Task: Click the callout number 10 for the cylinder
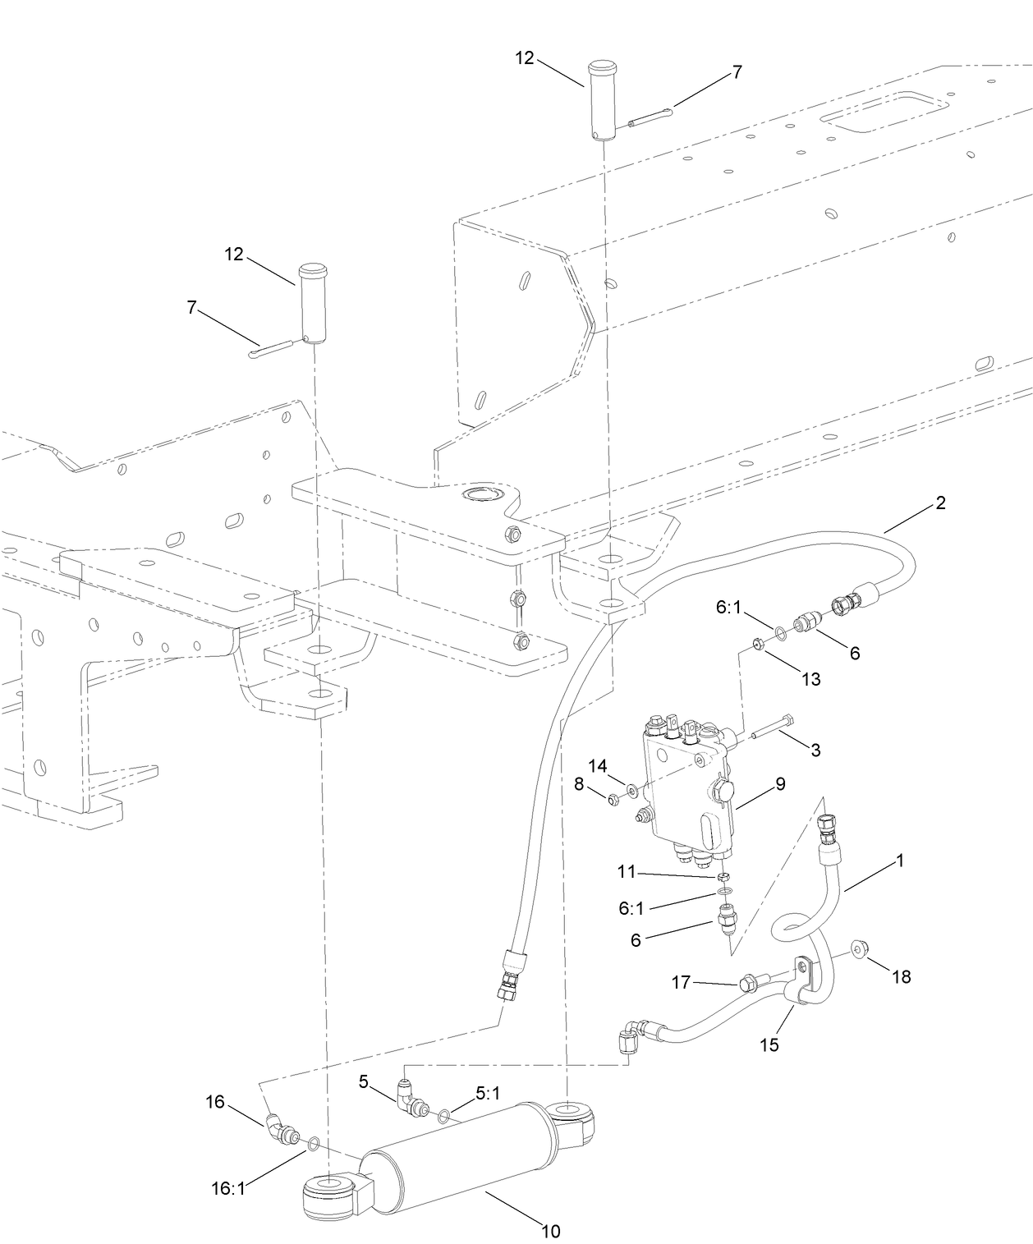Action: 550,1231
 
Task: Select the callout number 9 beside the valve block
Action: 780,784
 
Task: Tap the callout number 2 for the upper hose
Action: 941,503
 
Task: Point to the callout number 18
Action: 901,976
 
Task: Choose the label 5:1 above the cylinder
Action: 488,1094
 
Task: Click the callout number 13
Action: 810,679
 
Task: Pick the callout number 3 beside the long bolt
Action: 815,750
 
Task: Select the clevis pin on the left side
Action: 312,303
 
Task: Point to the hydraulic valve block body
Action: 686,788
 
